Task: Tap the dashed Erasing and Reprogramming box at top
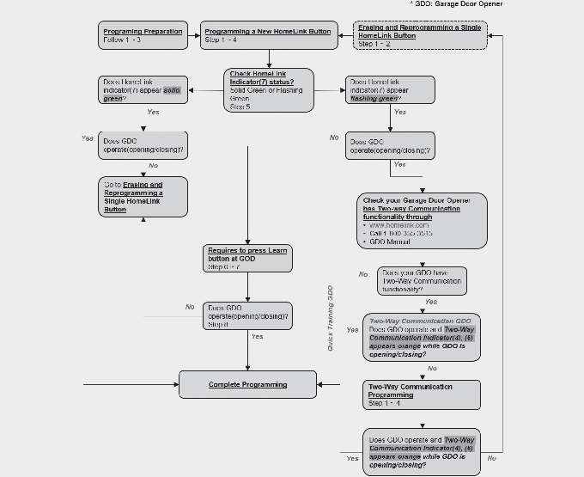point(420,35)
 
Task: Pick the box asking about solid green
point(143,90)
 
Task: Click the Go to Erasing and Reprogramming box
point(143,196)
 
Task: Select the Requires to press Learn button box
point(247,259)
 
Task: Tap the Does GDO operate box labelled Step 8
point(247,315)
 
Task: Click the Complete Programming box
point(247,384)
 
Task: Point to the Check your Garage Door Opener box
point(421,221)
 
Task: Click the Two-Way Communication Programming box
point(421,394)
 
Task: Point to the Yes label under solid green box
point(153,112)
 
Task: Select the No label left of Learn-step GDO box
point(189,307)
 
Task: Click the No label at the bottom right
point(491,458)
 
